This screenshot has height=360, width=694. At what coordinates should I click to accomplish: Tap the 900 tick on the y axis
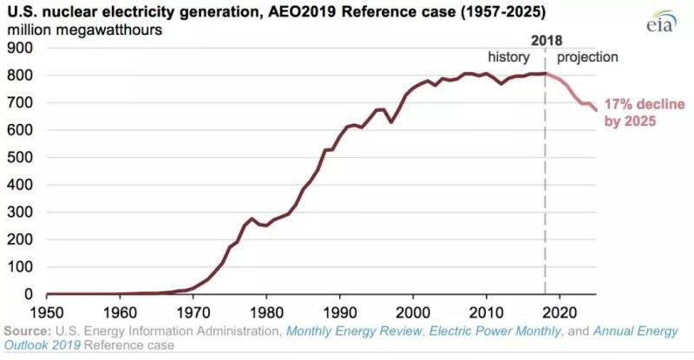pyautogui.click(x=18, y=49)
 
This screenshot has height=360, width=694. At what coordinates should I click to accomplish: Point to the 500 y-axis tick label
pyautogui.click(x=18, y=158)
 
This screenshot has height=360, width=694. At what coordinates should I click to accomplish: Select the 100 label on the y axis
pyautogui.click(x=18, y=267)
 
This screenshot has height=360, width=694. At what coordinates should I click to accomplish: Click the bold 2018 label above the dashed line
pyautogui.click(x=546, y=41)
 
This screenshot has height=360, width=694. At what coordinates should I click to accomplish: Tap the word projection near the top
pyautogui.click(x=587, y=57)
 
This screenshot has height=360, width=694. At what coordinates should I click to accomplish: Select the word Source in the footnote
pyautogui.click(x=26, y=331)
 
